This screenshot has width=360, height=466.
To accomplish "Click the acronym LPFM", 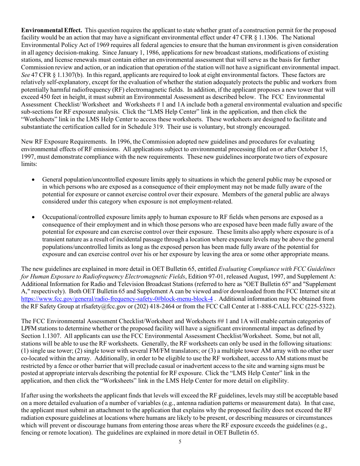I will pyautogui.click(x=28, y=328).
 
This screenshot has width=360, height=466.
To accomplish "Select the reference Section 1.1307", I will pyautogui.click(x=38, y=336).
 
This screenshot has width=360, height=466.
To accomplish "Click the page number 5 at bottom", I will pyautogui.click(x=180, y=441).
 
